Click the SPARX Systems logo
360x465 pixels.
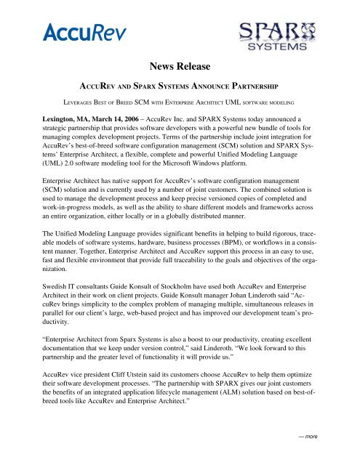pyautogui.click(x=277, y=44)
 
